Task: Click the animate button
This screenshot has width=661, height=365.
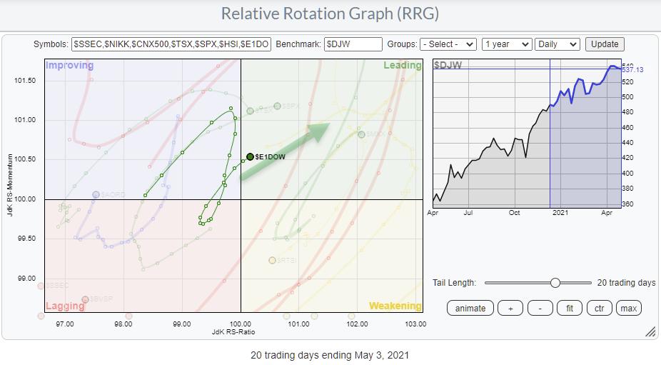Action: (470, 308)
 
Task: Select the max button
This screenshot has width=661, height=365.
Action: (629, 308)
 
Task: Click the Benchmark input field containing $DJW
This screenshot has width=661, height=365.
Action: (353, 44)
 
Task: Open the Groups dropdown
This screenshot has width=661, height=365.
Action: (448, 44)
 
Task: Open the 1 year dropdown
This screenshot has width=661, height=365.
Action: (507, 44)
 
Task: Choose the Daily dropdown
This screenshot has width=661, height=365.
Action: (559, 44)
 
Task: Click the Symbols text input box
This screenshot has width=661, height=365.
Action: (171, 44)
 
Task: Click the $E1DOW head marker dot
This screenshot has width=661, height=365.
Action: (250, 156)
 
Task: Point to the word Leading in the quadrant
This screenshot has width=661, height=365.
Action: (402, 66)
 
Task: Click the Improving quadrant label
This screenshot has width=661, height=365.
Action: (69, 66)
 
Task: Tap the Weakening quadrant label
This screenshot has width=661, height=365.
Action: (395, 306)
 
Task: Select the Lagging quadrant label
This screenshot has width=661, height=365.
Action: (66, 306)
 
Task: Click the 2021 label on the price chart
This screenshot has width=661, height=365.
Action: (561, 213)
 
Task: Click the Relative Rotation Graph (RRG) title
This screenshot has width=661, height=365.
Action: (329, 14)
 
